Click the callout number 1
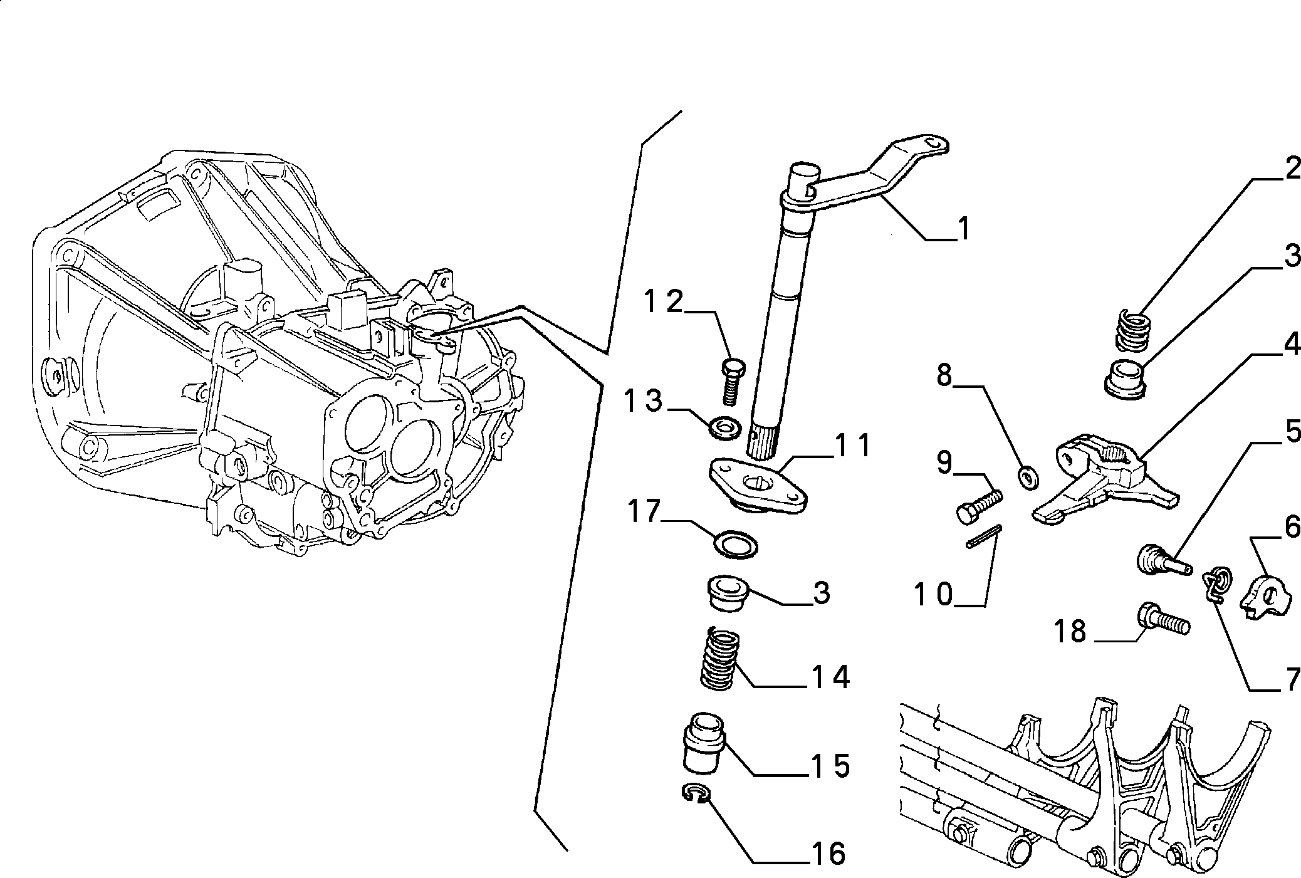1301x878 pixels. point(963,229)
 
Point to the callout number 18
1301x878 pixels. point(1070,632)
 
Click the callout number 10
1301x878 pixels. point(934,594)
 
